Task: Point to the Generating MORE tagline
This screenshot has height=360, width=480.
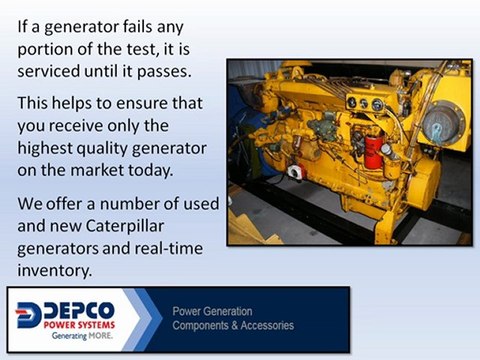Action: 82,338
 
